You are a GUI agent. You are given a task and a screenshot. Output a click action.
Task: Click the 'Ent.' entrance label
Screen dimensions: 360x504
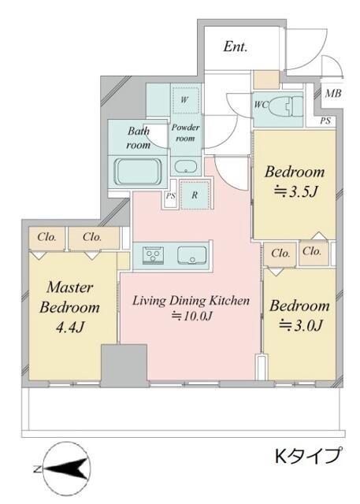pos(236,47)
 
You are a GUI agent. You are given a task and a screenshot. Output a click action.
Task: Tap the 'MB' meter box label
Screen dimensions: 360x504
pos(333,94)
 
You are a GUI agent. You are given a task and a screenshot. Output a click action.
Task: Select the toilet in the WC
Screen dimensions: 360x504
pos(286,107)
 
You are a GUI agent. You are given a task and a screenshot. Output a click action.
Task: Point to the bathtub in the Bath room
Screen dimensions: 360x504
pos(138,171)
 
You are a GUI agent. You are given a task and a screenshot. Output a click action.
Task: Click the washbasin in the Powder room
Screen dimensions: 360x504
pos(185,167)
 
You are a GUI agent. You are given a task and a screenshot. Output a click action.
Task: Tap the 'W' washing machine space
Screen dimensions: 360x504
pos(184,99)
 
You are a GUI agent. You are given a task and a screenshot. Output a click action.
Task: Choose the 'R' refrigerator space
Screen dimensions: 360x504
pos(195,195)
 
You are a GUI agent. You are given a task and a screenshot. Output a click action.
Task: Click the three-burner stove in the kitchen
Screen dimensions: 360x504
pos(153,255)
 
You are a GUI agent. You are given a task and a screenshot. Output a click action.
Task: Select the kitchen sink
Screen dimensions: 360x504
pos(192,255)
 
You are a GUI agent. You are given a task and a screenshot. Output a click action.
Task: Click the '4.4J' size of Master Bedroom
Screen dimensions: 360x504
pos(70,328)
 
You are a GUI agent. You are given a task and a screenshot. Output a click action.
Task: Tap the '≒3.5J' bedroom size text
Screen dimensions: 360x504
pos(295,191)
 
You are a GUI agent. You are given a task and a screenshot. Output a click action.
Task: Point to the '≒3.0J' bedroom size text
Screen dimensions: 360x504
pos(300,325)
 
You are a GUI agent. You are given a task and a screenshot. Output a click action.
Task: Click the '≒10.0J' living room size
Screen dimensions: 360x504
pos(192,317)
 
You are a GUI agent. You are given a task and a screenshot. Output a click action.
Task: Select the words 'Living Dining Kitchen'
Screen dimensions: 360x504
pos(191,301)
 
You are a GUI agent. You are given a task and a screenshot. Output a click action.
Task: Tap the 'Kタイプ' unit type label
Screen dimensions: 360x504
pos(308,456)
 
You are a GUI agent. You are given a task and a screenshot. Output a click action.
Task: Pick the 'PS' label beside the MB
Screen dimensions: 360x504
pos(325,121)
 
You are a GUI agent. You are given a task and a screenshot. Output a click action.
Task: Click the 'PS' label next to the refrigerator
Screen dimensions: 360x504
pos(170,195)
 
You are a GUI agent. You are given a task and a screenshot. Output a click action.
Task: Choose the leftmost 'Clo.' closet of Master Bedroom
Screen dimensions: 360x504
pos(47,237)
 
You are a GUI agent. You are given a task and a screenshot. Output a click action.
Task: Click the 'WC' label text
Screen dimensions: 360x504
pos(261,105)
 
